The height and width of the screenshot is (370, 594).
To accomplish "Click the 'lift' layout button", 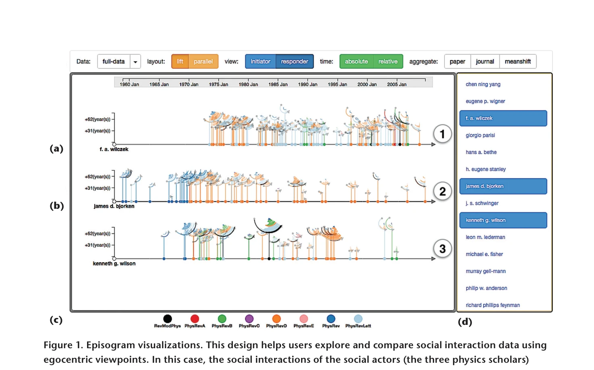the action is pyautogui.click(x=180, y=62).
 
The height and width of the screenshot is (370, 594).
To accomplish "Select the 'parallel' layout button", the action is pyautogui.click(x=204, y=62).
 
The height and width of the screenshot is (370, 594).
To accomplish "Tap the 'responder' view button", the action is pyautogui.click(x=295, y=62).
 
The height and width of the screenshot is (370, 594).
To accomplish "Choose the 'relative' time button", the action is pyautogui.click(x=388, y=62).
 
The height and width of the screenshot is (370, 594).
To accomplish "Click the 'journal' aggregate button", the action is pyautogui.click(x=485, y=62).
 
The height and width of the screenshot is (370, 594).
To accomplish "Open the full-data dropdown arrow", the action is pyautogui.click(x=135, y=62).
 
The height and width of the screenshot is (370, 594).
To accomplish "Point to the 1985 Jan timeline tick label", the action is pyautogui.click(x=278, y=84).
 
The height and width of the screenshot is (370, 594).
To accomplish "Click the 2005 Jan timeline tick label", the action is pyautogui.click(x=397, y=84).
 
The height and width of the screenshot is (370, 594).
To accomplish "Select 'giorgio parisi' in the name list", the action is pyautogui.click(x=480, y=135).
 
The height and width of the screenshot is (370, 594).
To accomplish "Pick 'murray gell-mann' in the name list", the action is pyautogui.click(x=486, y=271).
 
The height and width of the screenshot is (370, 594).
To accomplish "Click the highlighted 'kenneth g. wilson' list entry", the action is pyautogui.click(x=503, y=220).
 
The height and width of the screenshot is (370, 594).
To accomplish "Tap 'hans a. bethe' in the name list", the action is pyautogui.click(x=481, y=152).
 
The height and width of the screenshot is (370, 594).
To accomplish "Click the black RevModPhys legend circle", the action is pyautogui.click(x=167, y=318).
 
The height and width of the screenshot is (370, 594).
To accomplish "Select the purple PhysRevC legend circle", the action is pyautogui.click(x=249, y=318).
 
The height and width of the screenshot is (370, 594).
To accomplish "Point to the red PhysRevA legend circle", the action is pyautogui.click(x=195, y=318).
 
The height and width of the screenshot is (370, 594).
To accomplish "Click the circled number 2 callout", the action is pyautogui.click(x=442, y=191).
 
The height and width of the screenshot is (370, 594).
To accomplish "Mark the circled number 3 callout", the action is pyautogui.click(x=442, y=249).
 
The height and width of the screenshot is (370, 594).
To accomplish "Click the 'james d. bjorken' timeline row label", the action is pyautogui.click(x=114, y=206).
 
